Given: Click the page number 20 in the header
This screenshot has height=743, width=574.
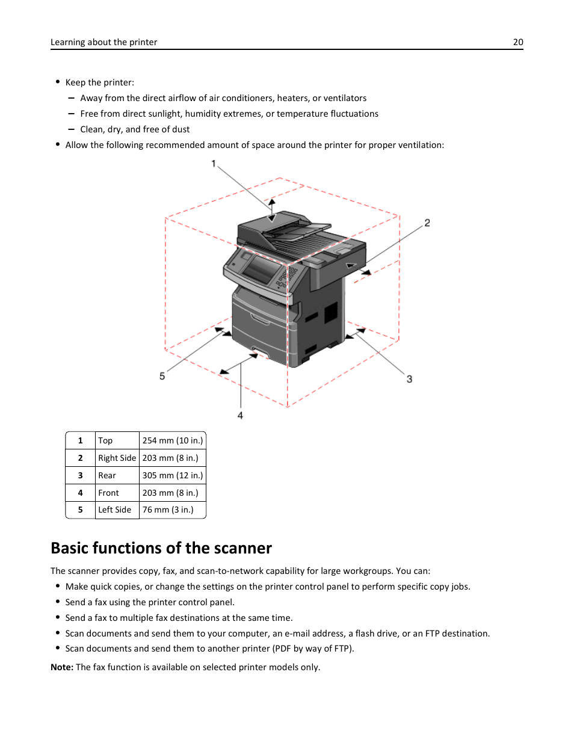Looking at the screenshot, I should click(x=518, y=42).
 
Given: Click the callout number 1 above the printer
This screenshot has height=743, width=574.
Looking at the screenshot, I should click(x=214, y=164).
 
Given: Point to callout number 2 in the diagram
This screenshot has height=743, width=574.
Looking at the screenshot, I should click(x=427, y=223).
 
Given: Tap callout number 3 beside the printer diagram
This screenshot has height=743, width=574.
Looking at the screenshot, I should click(x=409, y=379).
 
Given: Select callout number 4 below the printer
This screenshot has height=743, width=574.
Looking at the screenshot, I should click(x=240, y=416).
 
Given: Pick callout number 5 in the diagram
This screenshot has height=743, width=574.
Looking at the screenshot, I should click(x=162, y=377).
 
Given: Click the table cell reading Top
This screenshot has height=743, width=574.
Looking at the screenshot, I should click(x=105, y=441).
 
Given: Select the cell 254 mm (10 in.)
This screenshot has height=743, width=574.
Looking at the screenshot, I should click(x=173, y=441).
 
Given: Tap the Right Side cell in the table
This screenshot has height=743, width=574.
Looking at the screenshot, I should click(x=117, y=458).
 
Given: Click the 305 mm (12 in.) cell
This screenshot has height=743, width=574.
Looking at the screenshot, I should click(x=173, y=476).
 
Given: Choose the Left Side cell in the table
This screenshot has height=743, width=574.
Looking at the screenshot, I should click(x=114, y=510).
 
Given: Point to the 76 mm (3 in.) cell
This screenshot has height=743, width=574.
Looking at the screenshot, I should click(x=168, y=510).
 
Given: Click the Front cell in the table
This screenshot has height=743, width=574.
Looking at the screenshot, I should click(x=108, y=493).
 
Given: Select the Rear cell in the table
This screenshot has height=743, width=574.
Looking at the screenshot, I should click(x=107, y=476).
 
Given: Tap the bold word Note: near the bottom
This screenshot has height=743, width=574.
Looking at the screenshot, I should click(x=62, y=667).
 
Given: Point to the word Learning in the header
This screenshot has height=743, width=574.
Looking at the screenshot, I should click(x=67, y=42).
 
